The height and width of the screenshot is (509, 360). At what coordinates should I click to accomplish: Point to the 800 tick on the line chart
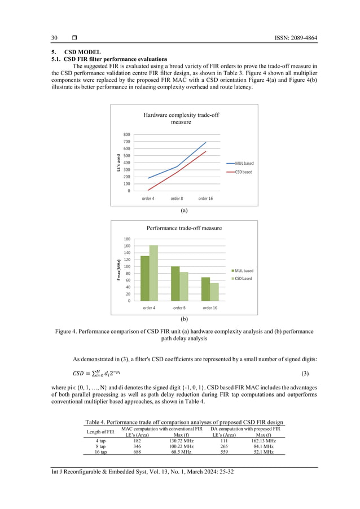[126, 134]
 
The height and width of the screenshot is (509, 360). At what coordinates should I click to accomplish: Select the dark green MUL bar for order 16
[205, 288]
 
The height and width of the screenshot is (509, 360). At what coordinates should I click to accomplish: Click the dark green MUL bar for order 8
[175, 283]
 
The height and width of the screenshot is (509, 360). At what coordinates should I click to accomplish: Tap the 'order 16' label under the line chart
[205, 199]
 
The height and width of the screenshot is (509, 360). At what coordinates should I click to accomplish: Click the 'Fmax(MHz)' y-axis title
[119, 270]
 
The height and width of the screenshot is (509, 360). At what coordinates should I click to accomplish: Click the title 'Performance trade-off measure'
[184, 229]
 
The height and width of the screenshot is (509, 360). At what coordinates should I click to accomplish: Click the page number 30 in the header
[55, 38]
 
